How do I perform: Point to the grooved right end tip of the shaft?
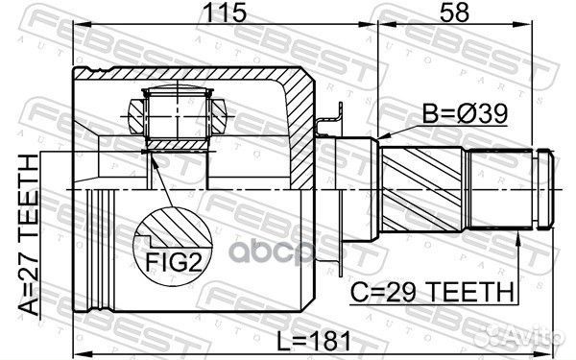[x=545, y=187]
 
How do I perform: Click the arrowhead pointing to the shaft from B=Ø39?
[x=384, y=135]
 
